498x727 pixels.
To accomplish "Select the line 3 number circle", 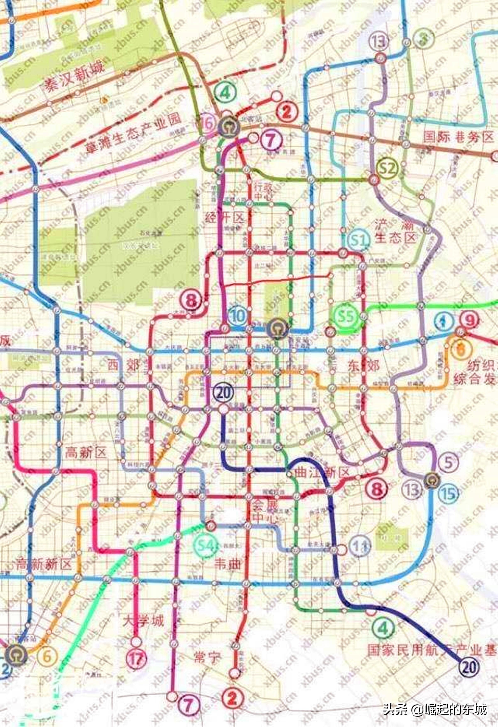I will pyautogui.click(x=424, y=39).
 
